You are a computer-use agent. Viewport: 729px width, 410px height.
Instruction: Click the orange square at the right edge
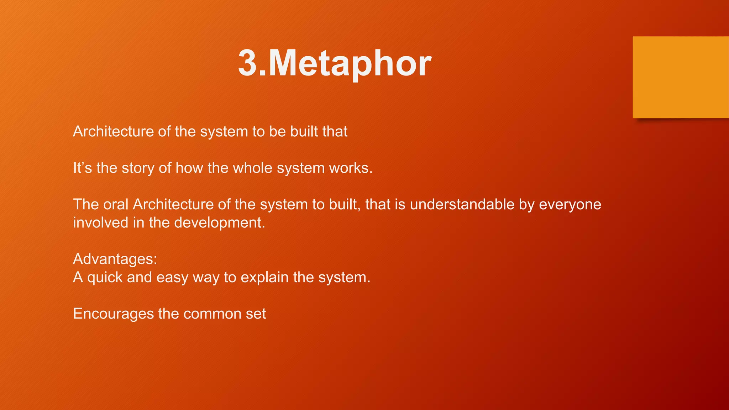click(x=681, y=77)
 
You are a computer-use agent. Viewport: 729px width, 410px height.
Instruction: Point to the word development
click(x=219, y=223)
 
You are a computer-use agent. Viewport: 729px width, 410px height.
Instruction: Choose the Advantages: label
click(x=115, y=259)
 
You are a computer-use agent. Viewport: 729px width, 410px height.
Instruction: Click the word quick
click(x=105, y=278)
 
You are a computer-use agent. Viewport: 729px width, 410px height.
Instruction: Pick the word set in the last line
click(x=256, y=314)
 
